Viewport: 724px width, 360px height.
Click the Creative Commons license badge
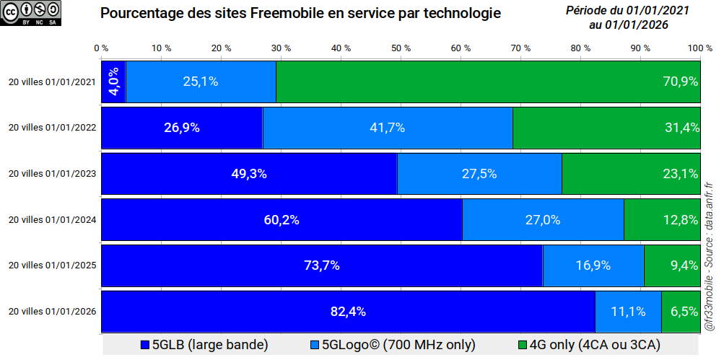click(x=32, y=14)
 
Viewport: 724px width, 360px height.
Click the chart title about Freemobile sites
click(x=300, y=14)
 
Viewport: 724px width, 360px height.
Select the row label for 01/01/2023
click(x=52, y=174)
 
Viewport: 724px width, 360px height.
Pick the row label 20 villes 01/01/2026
click(x=52, y=312)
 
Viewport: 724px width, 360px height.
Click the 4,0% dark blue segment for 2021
click(x=113, y=82)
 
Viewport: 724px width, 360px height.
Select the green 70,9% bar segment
click(x=488, y=82)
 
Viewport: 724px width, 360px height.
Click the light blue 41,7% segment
click(x=387, y=128)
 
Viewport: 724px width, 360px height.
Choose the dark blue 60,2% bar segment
click(x=282, y=220)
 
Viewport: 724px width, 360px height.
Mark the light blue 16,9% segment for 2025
click(x=593, y=265)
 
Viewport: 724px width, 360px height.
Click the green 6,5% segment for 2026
click(x=681, y=312)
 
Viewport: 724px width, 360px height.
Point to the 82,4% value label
click(x=348, y=312)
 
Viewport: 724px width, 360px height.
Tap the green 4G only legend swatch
click(x=523, y=345)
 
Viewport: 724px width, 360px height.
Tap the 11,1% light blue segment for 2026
click(x=627, y=312)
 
